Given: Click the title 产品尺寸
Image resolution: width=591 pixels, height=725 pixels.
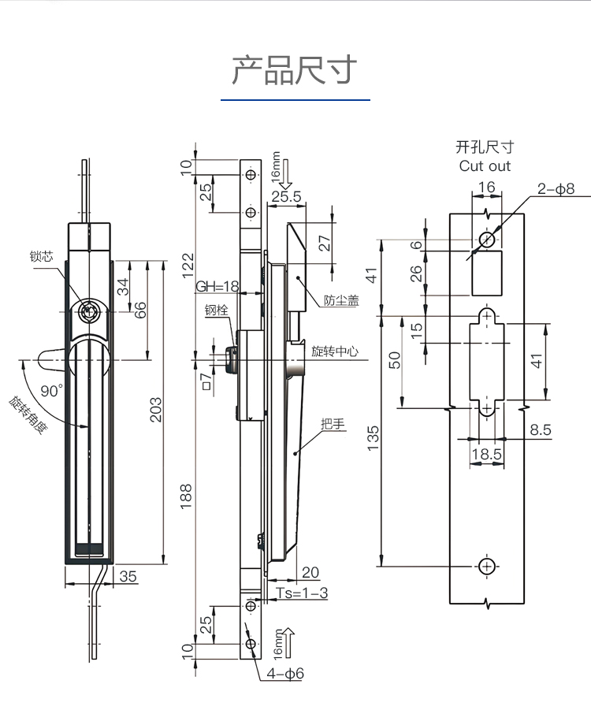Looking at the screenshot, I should [x=295, y=70].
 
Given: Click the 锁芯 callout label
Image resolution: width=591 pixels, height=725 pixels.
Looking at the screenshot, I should [x=41, y=256].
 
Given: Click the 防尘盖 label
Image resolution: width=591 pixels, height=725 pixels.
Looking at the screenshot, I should [x=341, y=300].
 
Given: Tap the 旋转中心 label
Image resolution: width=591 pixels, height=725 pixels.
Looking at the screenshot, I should [x=334, y=351].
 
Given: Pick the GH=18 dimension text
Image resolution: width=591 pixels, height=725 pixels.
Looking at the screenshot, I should [x=217, y=286].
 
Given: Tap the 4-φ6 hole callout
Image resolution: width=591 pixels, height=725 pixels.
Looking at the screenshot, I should [x=285, y=674].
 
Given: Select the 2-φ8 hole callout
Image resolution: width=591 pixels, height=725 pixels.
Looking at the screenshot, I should [x=556, y=188].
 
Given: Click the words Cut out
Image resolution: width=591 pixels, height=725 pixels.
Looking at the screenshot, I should [x=485, y=166].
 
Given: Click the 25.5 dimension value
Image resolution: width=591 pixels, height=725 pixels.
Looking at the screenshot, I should [x=286, y=197].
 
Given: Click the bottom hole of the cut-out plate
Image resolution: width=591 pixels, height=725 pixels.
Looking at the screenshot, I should [x=487, y=566].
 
